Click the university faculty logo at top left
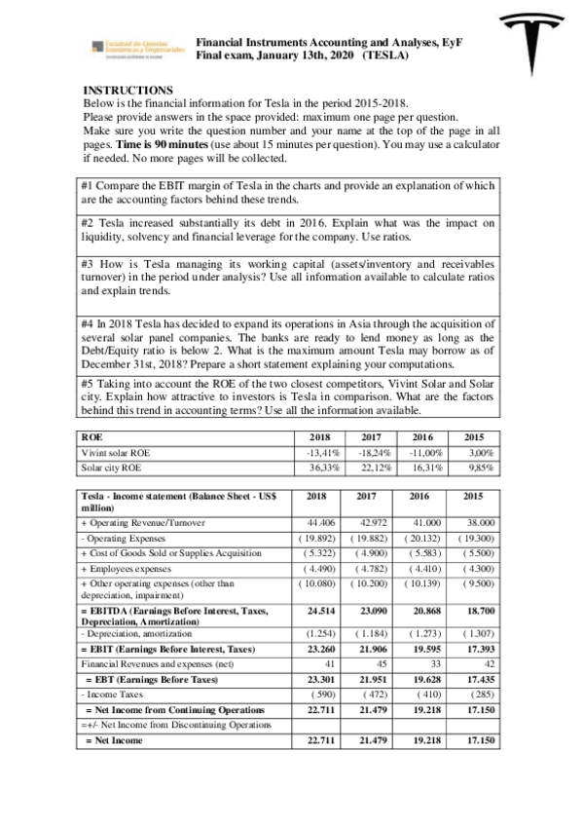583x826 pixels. pyautogui.click(x=135, y=48)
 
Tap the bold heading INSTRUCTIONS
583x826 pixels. pyautogui.click(x=128, y=90)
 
